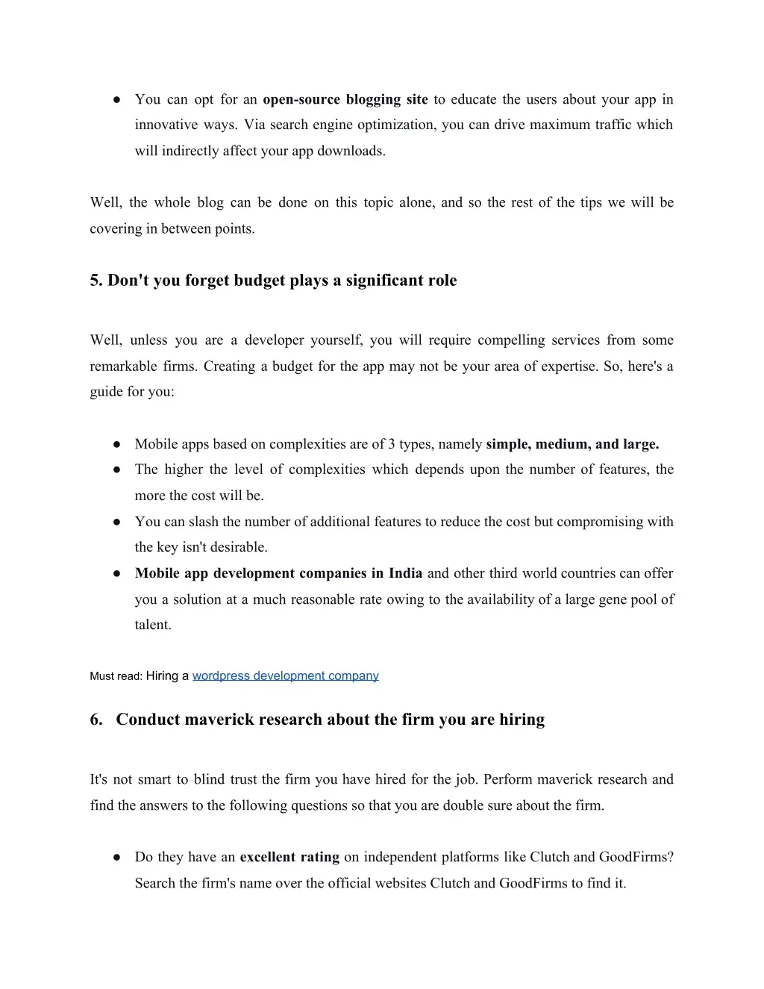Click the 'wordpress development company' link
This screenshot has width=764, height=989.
(285, 676)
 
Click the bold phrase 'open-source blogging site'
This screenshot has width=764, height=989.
(345, 99)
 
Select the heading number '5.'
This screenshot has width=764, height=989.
(96, 281)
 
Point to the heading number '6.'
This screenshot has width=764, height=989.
(96, 720)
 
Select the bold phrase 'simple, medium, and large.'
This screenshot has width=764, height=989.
(572, 444)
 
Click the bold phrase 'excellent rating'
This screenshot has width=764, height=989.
(289, 857)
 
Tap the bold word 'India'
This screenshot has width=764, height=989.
(406, 573)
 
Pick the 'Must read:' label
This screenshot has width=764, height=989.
(116, 676)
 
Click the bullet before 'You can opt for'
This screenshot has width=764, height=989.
(117, 99)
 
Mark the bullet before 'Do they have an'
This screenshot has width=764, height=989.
(117, 858)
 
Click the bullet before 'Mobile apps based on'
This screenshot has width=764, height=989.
(117, 444)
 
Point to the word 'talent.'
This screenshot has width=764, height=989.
(153, 625)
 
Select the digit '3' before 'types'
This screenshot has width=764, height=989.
(392, 444)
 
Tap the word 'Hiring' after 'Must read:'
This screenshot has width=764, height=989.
(162, 676)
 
